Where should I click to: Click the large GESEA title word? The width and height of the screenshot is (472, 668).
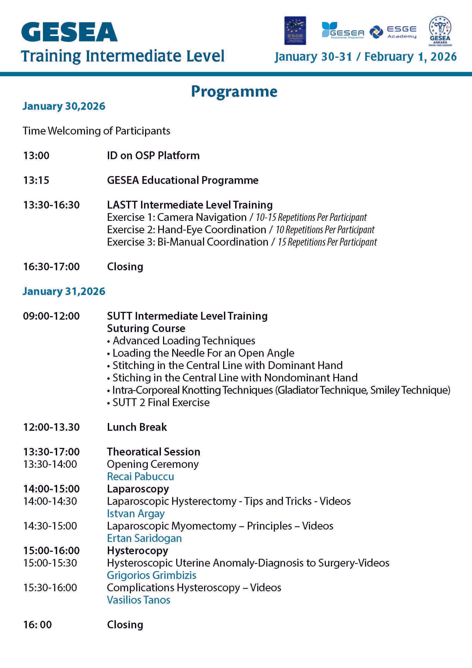[x=69, y=32]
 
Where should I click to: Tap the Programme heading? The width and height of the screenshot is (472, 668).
[x=234, y=92]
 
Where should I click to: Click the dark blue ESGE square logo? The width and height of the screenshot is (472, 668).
[x=295, y=31]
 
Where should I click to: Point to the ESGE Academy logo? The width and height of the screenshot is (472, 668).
[x=393, y=32]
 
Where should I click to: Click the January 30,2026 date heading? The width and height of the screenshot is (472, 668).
[x=64, y=106]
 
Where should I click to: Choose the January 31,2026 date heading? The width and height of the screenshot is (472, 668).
[x=64, y=291]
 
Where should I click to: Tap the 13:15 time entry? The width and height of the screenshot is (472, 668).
[x=36, y=180]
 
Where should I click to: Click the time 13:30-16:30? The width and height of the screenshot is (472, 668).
[x=51, y=205]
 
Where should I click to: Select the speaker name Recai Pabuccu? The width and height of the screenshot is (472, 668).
[x=140, y=477]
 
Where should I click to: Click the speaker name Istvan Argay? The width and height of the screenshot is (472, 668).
[x=136, y=513]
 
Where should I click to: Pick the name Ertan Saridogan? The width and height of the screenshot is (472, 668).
[x=144, y=538]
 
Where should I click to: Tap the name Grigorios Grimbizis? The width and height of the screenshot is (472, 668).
[x=152, y=575]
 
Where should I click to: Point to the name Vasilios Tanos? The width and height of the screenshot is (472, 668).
[x=138, y=600]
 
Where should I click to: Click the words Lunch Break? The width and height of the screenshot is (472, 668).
[x=137, y=427]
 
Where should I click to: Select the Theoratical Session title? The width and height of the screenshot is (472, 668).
[x=153, y=452]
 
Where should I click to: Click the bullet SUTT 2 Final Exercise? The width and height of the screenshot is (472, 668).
[x=161, y=402]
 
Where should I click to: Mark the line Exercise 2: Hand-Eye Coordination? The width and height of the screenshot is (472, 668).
[x=186, y=230]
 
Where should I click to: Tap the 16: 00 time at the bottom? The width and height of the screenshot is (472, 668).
[x=38, y=625]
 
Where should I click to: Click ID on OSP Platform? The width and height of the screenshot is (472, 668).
[x=153, y=156]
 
